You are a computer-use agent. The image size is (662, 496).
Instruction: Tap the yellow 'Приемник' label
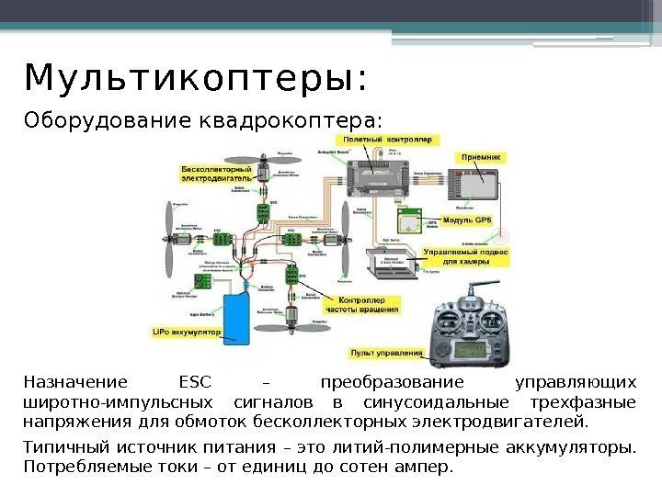[479, 158]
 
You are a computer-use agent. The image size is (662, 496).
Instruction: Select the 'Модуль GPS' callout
[467, 220]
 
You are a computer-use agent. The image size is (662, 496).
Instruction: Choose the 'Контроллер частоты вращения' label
[367, 305]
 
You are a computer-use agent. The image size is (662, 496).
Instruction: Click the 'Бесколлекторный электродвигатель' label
[216, 173]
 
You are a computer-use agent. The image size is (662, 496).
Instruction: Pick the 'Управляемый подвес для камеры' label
[465, 255]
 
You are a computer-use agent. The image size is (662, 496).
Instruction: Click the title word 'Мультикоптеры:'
[196, 79]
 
